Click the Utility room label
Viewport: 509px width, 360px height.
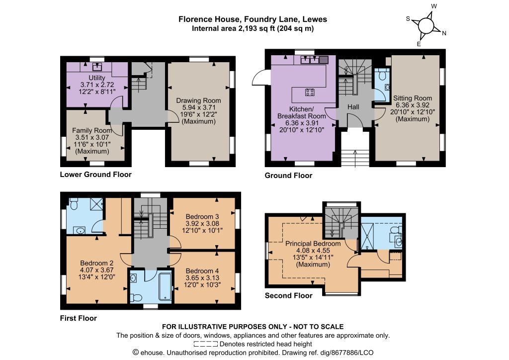[97, 78]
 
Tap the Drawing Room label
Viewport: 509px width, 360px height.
[198, 100]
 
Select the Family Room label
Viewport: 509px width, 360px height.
[92, 130]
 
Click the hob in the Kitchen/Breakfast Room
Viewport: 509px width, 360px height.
[310, 92]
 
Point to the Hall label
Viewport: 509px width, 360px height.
[353, 107]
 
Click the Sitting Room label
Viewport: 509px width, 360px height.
[413, 98]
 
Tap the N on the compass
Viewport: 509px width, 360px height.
[444, 33]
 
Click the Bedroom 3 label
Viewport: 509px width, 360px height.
[202, 216]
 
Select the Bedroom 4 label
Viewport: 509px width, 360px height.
[202, 270]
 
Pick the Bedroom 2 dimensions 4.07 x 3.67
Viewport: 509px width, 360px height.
[96, 270]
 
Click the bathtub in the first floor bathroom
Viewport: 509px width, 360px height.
[165, 286]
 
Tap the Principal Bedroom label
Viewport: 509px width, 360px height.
[313, 244]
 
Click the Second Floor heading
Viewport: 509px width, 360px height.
[289, 295]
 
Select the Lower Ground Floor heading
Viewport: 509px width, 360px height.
[96, 175]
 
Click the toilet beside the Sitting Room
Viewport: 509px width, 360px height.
[381, 75]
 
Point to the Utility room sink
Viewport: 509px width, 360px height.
[97, 67]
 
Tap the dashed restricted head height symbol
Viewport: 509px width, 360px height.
[206, 344]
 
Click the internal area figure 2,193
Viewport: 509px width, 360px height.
[247, 28]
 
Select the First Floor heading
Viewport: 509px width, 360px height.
[78, 318]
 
